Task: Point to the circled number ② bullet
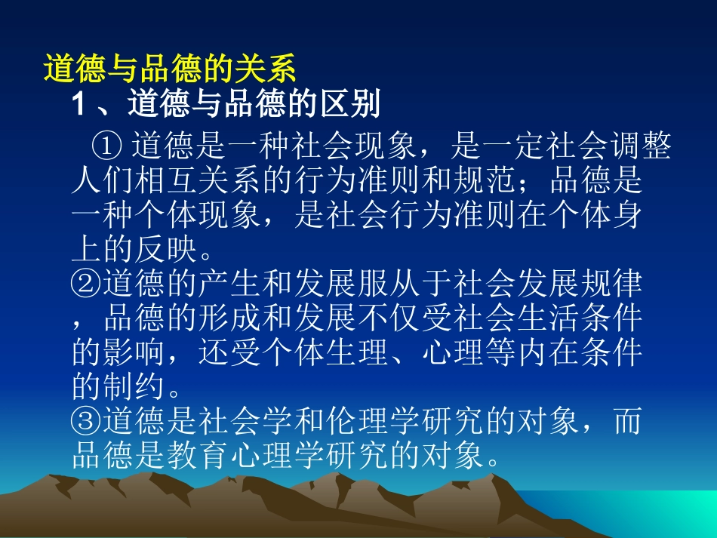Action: coord(88,284)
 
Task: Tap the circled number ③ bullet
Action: coord(88,422)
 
